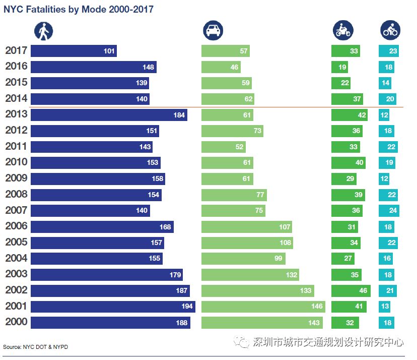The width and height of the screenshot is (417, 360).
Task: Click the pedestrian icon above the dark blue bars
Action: coord(43,31)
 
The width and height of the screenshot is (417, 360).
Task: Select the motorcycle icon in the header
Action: coord(342,31)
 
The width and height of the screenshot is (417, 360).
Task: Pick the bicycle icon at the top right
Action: coord(390,31)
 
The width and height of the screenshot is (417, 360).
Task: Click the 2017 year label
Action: coord(16,50)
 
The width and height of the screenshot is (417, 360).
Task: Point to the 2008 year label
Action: coord(16,194)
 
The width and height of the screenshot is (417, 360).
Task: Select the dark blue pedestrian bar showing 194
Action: coord(113,307)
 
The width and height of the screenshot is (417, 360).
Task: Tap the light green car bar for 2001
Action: coord(263,307)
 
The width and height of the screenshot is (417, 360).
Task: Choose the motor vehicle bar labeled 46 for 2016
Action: coord(221,67)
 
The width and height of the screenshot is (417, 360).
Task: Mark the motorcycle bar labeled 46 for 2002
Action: coord(351,290)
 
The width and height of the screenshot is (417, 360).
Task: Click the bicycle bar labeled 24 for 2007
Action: coord(389,210)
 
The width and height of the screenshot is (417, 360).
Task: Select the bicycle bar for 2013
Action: coord(384,115)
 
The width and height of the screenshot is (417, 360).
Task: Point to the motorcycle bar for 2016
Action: coord(339,67)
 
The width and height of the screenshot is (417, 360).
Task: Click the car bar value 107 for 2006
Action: coord(285,227)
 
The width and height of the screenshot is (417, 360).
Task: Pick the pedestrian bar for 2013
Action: coord(109,115)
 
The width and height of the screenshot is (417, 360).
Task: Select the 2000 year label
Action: coord(16,322)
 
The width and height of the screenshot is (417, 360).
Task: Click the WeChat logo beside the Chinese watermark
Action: coord(244,342)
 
